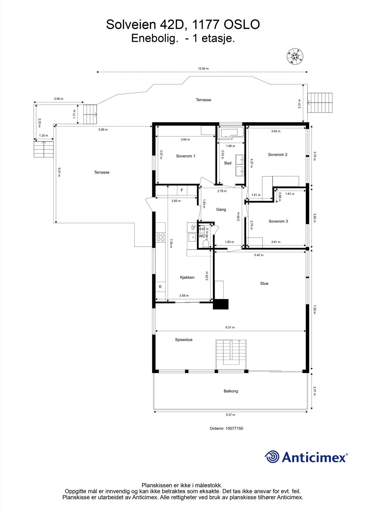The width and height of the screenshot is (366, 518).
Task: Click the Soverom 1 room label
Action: [185, 156]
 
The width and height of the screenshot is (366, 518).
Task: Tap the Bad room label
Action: [228, 163]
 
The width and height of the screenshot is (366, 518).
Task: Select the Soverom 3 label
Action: [278, 221]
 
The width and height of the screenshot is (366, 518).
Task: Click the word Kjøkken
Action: [187, 277]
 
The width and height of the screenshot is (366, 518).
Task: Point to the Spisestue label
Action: [183, 340]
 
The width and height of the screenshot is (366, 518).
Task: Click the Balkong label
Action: [231, 391]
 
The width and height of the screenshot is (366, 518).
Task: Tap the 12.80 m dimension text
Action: [203, 69]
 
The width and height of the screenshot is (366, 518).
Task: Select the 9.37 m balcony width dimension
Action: [230, 415]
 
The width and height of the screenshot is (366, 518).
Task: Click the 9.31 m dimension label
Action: [230, 327]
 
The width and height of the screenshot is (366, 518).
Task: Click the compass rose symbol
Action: [295, 56]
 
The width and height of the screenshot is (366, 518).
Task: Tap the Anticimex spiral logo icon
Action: [272, 457]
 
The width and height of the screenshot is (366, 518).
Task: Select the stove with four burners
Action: [160, 237]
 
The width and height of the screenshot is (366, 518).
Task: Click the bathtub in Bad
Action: [230, 133]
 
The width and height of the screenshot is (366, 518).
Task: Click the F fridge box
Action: [182, 190]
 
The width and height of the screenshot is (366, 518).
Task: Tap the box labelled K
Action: [160, 287]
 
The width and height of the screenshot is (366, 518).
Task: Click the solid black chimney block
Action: [221, 304]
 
